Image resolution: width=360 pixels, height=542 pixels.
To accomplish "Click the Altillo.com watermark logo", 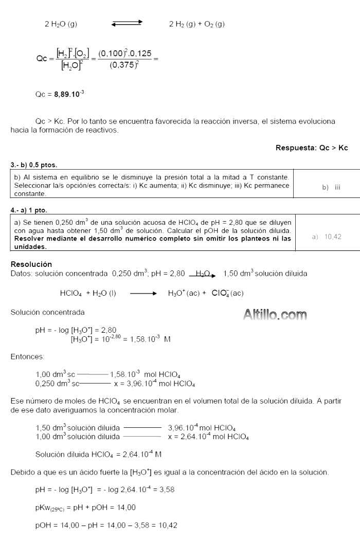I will (x=275, y=314).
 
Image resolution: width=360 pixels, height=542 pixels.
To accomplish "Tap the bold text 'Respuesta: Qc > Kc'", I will (x=312, y=148).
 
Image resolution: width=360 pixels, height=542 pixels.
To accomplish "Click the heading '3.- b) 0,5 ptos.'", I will (x=34, y=165).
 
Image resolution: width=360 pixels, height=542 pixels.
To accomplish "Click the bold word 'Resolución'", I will (x=31, y=264).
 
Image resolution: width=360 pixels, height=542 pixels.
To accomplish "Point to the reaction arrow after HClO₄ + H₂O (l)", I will (x=139, y=294).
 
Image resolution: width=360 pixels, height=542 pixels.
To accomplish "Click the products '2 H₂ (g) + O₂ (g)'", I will (x=197, y=24).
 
